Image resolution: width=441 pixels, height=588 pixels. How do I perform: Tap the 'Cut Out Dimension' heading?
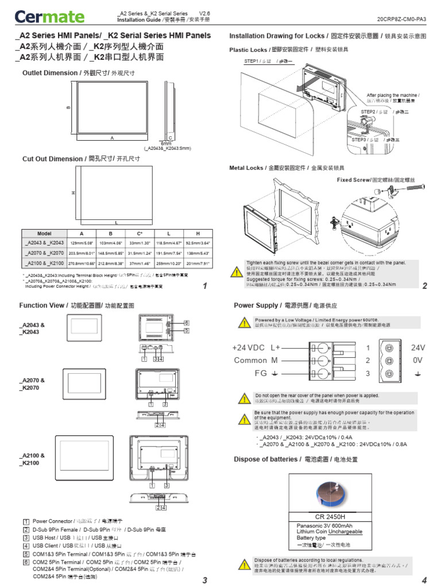pyautogui.click(x=52, y=158)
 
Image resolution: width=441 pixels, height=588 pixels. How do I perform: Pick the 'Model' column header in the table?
pyautogui.click(x=44, y=234)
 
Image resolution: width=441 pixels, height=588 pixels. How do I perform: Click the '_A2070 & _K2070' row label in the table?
pyautogui.click(x=44, y=253)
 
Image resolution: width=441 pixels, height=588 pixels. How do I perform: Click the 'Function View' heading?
pyautogui.click(x=42, y=305)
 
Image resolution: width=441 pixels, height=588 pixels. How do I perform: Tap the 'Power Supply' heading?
pyautogui.click(x=256, y=305)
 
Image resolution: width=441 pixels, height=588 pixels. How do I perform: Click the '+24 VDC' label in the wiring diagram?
pyautogui.click(x=248, y=347)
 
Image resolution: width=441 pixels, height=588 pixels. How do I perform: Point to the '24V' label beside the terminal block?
pyautogui.click(x=418, y=347)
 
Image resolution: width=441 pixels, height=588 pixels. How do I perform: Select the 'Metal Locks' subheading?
pyautogui.click(x=246, y=168)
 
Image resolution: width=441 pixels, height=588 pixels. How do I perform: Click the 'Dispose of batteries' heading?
pyautogui.click(x=266, y=459)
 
